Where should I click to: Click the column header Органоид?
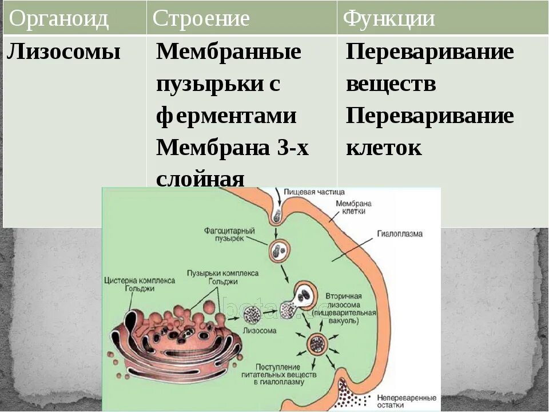59,19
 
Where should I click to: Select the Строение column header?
201,19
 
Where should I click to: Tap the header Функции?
389,19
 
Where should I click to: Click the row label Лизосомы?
64,52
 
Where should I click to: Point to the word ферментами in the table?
226,116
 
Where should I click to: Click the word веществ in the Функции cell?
391,84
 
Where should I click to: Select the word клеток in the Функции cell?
384,148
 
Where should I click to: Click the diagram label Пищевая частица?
314,192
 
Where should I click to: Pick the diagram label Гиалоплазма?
399,233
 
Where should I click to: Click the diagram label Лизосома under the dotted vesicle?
260,330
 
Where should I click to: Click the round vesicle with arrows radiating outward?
316,344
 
